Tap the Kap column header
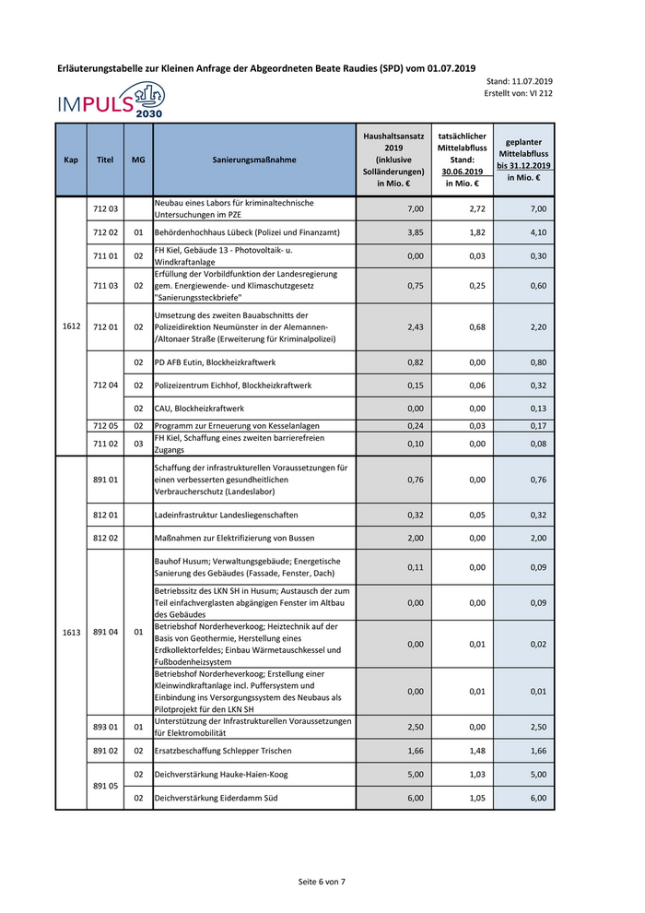71,160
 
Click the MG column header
138,160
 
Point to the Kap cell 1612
71,326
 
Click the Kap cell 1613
71,633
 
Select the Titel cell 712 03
104,209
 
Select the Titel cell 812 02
104,538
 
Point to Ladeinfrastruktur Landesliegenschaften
227,515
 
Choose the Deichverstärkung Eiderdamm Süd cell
216,797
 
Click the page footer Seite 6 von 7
322,882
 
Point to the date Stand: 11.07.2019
518,81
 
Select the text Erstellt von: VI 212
518,93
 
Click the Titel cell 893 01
104,727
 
